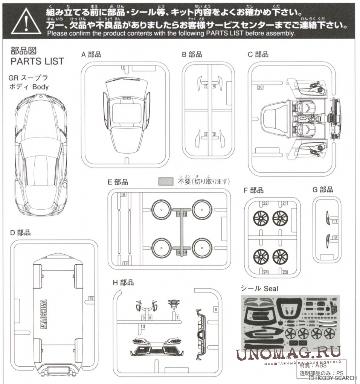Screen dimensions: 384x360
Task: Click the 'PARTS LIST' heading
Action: point(37,61)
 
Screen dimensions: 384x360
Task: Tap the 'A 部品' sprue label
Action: point(92,54)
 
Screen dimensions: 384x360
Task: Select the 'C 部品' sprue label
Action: point(258,54)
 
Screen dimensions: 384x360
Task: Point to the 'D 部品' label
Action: point(20,233)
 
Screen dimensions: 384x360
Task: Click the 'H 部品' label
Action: point(123,282)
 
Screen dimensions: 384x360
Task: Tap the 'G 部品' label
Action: point(323,190)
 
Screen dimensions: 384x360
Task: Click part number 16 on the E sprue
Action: point(124,195)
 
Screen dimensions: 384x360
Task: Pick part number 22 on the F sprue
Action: point(265,204)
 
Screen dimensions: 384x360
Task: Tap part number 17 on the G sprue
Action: point(335,222)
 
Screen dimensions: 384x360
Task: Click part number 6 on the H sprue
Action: point(215,309)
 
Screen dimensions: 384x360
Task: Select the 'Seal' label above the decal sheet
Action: point(270,288)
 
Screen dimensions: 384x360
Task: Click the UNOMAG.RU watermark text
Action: point(288,354)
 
